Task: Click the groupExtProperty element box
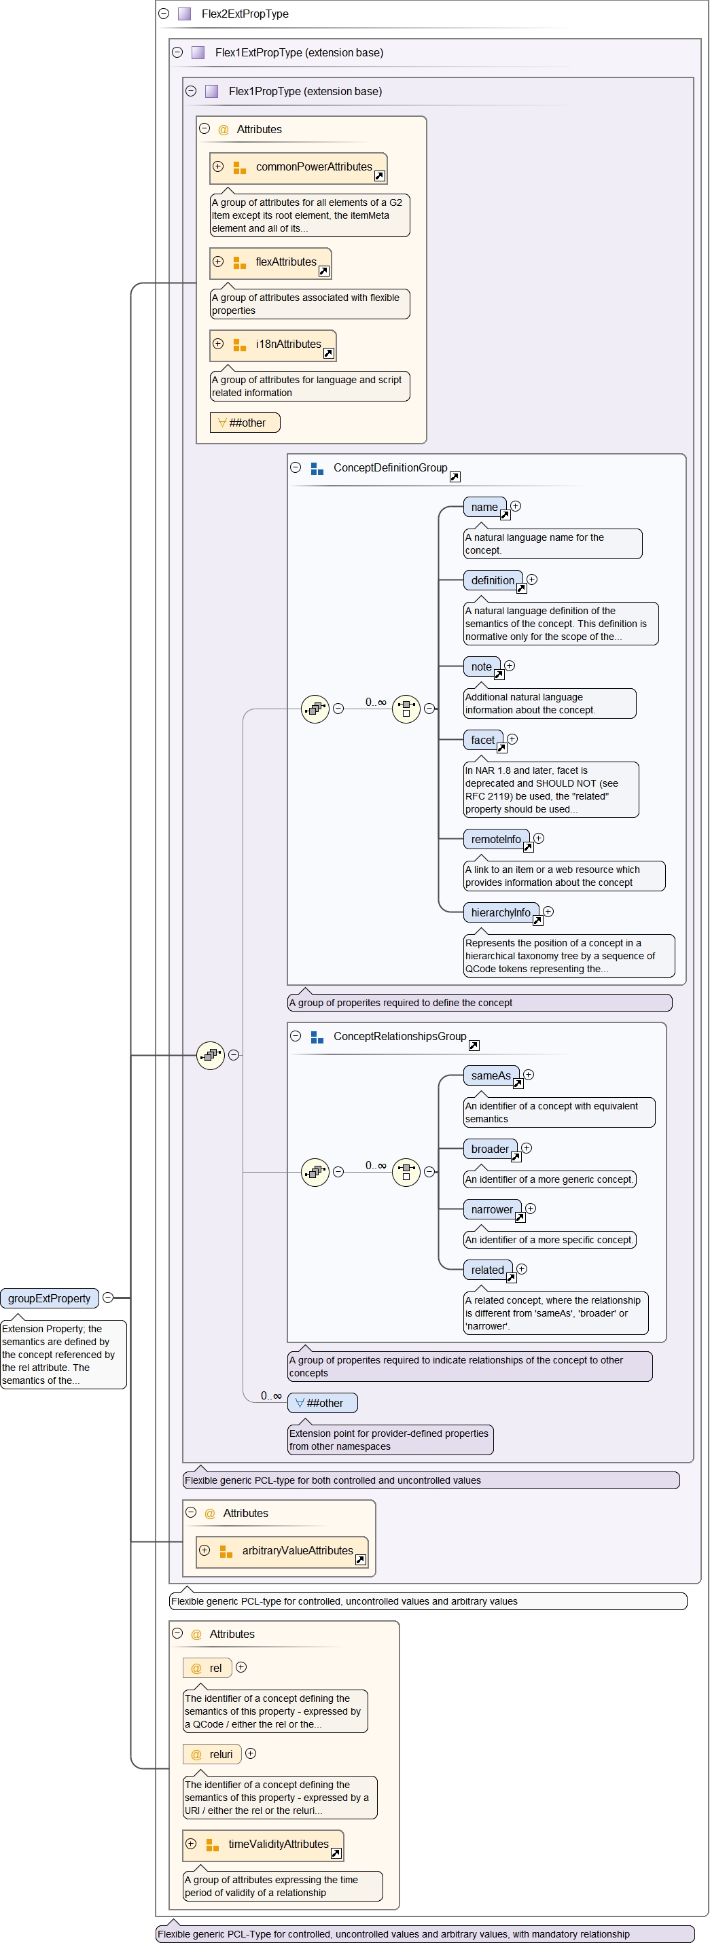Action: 50,1298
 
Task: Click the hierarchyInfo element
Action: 501,912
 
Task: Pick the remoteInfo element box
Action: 495,839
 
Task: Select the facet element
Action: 482,740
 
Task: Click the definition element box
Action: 493,580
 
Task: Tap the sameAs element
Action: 490,1075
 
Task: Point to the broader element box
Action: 489,1148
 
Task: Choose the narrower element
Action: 492,1209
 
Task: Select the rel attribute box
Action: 208,1668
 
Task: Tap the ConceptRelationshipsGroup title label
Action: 400,1036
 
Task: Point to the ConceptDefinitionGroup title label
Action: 390,467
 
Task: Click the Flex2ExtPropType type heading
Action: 245,14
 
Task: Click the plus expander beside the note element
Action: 510,665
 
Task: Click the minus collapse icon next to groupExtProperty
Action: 108,1297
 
